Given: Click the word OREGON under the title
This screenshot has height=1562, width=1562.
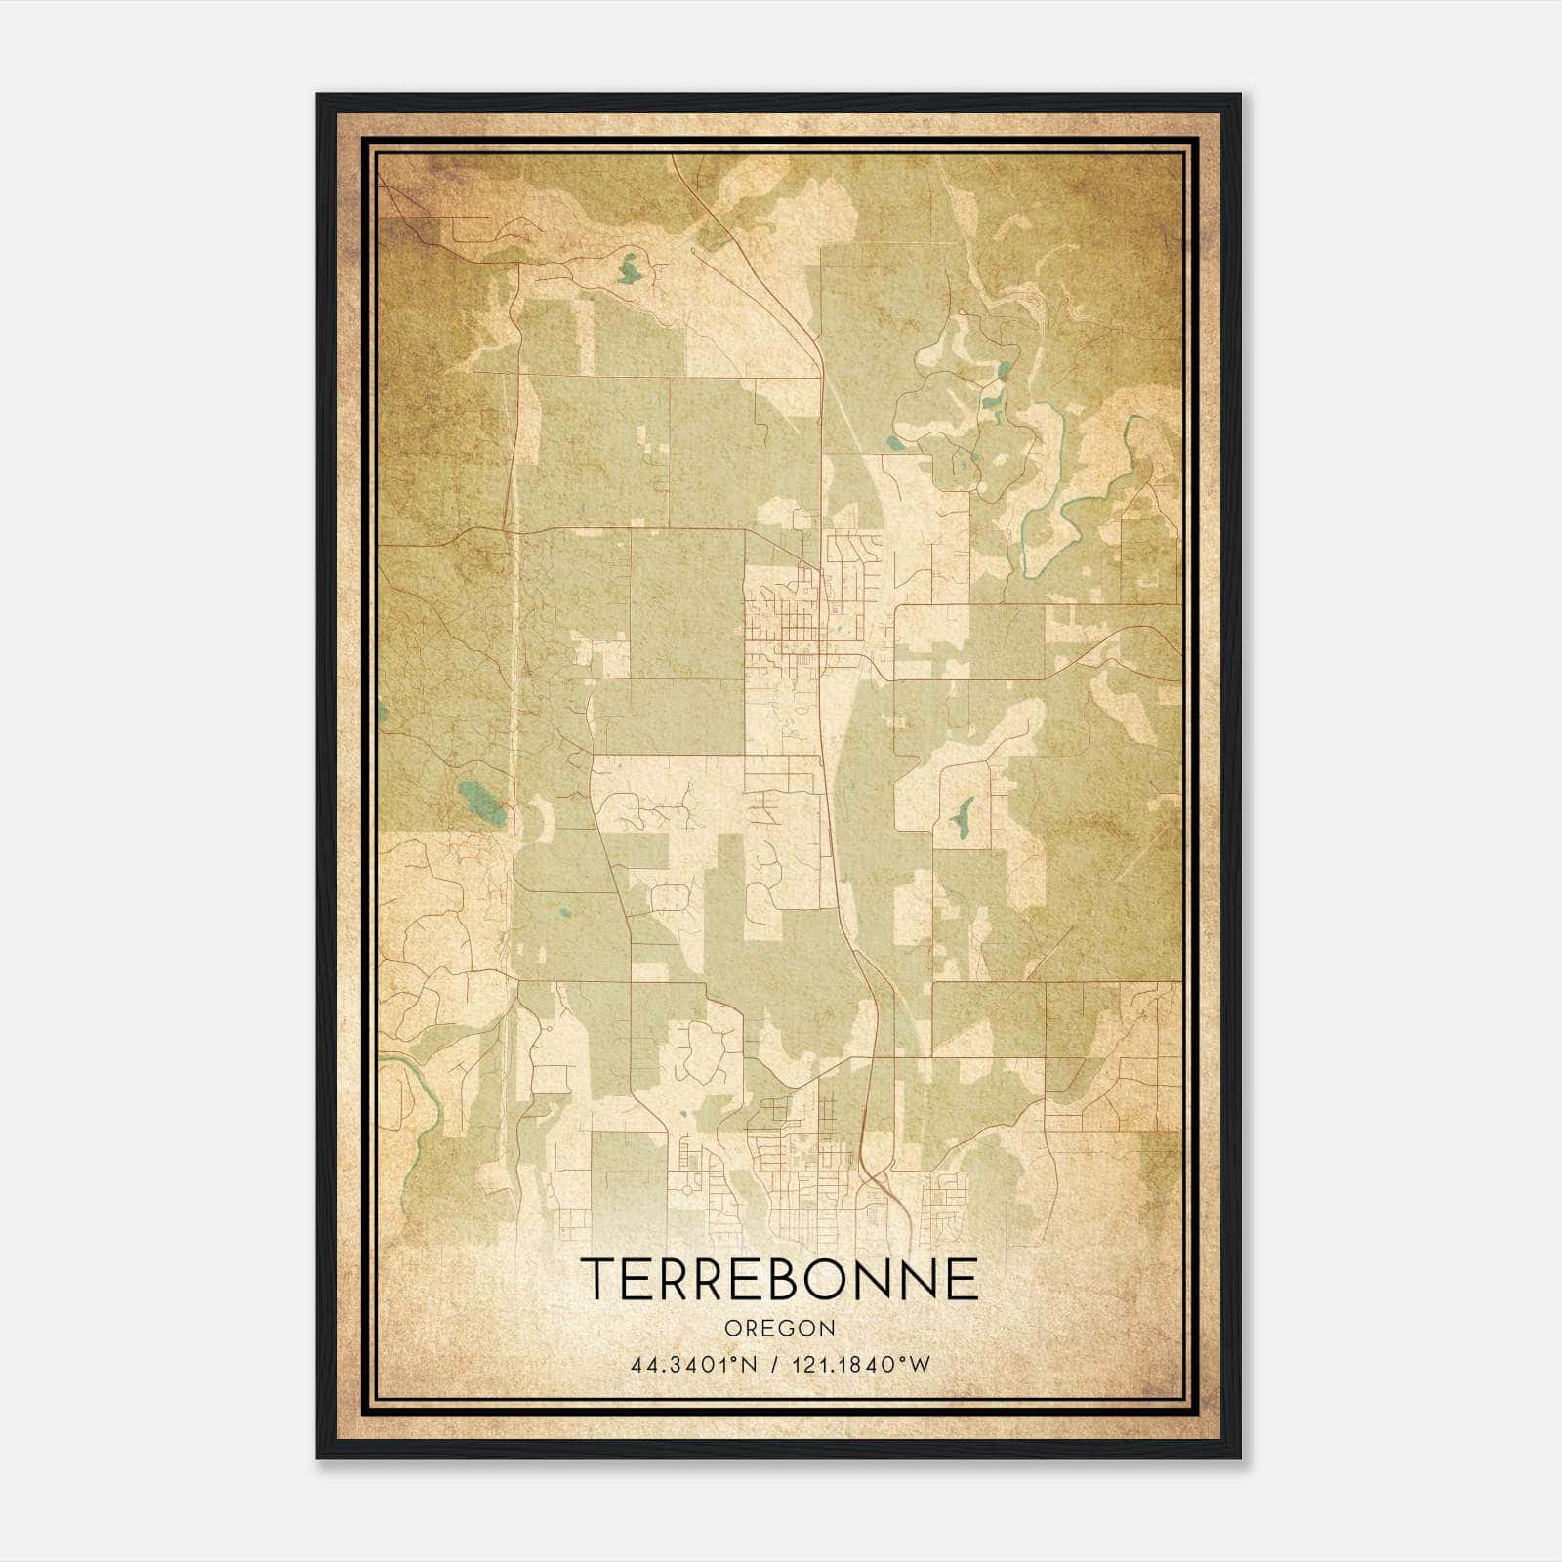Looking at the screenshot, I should tap(779, 1328).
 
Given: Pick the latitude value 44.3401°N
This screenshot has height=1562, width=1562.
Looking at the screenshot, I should tap(694, 1365).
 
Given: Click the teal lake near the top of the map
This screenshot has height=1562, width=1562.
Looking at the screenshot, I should tap(631, 267).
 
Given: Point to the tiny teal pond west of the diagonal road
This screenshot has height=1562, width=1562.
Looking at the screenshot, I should tap(562, 915).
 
